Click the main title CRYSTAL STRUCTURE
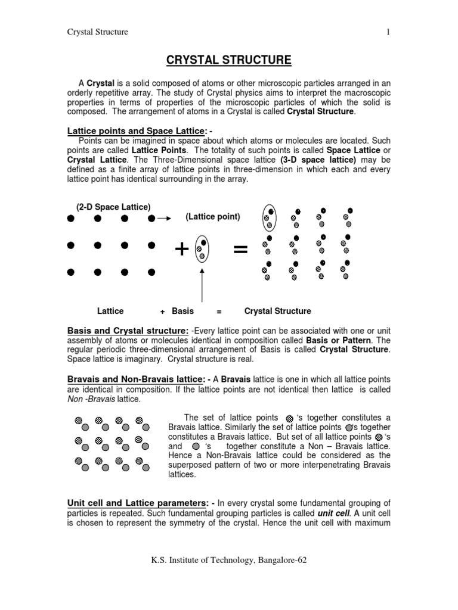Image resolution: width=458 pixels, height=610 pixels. click(x=228, y=60)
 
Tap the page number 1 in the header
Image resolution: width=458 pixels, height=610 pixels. click(x=388, y=32)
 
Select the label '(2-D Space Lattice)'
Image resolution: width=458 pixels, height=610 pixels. click(x=113, y=207)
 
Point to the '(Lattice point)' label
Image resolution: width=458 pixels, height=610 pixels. click(x=213, y=217)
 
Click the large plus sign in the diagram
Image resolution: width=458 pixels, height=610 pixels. click(x=182, y=250)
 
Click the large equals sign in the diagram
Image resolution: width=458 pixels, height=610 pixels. click(x=240, y=250)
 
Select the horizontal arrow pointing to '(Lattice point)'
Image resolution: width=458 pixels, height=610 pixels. click(x=164, y=219)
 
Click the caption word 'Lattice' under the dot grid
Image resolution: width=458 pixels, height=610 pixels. click(x=110, y=311)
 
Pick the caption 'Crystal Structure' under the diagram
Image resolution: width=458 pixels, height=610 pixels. click(x=277, y=311)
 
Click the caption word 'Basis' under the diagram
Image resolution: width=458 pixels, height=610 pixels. click(x=182, y=311)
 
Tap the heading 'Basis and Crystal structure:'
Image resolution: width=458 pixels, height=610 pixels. click(x=128, y=331)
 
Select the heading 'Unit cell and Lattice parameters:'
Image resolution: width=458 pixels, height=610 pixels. click(x=139, y=503)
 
